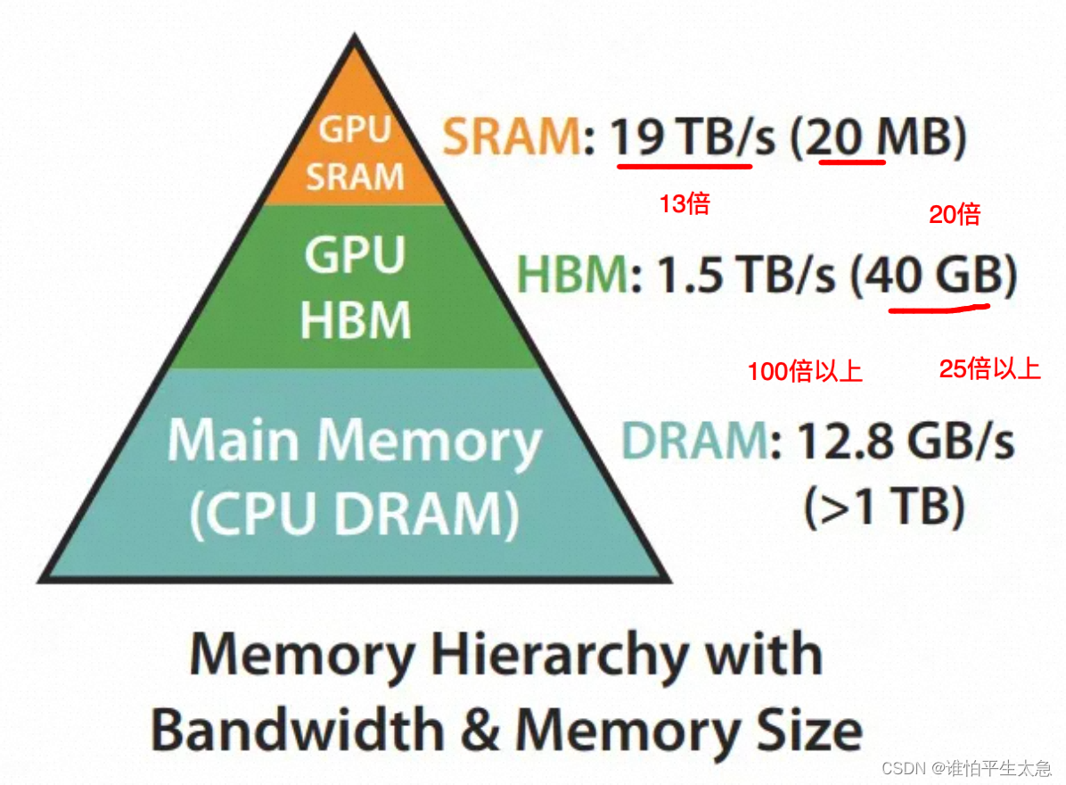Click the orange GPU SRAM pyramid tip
coord(356,152)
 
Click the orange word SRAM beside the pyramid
coord(512,137)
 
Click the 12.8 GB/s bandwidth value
coord(905,441)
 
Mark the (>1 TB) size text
coord(884,508)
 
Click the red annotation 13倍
coord(684,204)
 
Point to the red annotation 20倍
coord(954,214)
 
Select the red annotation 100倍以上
coord(805,371)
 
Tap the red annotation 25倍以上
coord(989,369)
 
